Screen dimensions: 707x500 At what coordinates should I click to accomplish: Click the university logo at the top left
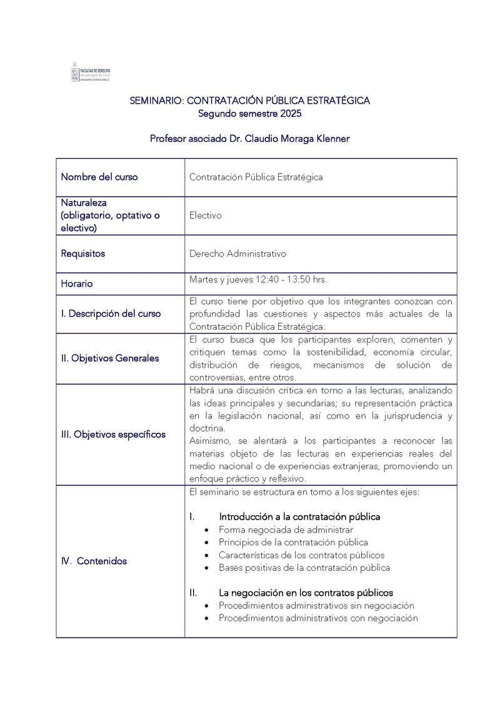coord(91,72)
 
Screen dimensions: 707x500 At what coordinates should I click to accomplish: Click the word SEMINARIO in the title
coord(156,101)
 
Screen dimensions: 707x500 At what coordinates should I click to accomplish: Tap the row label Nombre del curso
coord(99,177)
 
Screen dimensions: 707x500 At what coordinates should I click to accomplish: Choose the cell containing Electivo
coord(206,215)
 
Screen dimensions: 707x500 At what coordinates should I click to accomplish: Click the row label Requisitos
coord(83,254)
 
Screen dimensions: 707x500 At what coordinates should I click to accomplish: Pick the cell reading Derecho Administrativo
coord(237,254)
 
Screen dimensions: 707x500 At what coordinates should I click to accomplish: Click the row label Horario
coord(77,284)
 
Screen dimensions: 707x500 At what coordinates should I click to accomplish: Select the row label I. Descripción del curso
coord(111,314)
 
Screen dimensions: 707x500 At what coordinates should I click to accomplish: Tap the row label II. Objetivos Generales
coord(110,358)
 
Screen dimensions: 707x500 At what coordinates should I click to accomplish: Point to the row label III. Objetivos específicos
coord(113,434)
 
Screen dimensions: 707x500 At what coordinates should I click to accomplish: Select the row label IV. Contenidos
coord(94,561)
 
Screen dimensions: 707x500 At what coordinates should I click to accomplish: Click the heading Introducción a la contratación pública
coord(299,517)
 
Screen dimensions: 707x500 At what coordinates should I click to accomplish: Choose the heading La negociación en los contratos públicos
coord(306,593)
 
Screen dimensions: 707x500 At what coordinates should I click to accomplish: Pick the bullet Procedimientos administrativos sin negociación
coord(316,605)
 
